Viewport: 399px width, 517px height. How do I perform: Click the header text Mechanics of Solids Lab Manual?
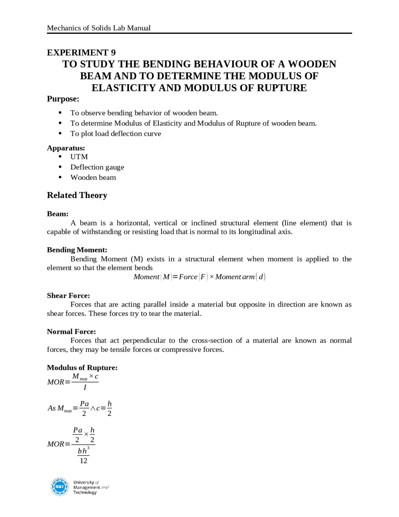click(x=99, y=28)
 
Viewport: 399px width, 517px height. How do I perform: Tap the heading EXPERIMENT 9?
click(x=81, y=52)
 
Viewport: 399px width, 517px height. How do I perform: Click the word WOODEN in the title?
click(x=312, y=64)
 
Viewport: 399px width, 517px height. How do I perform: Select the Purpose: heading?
click(x=63, y=99)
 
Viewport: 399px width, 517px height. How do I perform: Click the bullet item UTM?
click(x=79, y=157)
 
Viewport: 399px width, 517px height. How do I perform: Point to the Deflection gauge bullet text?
click(x=97, y=167)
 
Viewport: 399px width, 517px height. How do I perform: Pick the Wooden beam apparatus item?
click(x=93, y=178)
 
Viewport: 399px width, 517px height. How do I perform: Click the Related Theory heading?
click(x=77, y=195)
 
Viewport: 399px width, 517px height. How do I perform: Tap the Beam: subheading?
click(x=57, y=214)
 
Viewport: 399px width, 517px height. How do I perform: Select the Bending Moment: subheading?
click(x=77, y=250)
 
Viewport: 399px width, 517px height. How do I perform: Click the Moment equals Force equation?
click(x=199, y=277)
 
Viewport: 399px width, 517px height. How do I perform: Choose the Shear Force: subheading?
click(x=68, y=296)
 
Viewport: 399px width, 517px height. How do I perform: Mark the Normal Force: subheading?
click(x=71, y=332)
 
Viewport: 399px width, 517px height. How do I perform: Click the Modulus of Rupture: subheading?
click(x=82, y=368)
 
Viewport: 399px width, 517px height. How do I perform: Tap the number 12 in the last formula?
click(x=83, y=461)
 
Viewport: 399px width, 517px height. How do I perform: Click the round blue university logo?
click(x=59, y=487)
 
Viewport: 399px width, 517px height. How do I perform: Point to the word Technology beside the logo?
click(x=85, y=493)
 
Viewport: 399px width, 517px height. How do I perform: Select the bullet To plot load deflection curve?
click(x=116, y=134)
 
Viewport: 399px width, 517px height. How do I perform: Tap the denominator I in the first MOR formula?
click(x=85, y=387)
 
